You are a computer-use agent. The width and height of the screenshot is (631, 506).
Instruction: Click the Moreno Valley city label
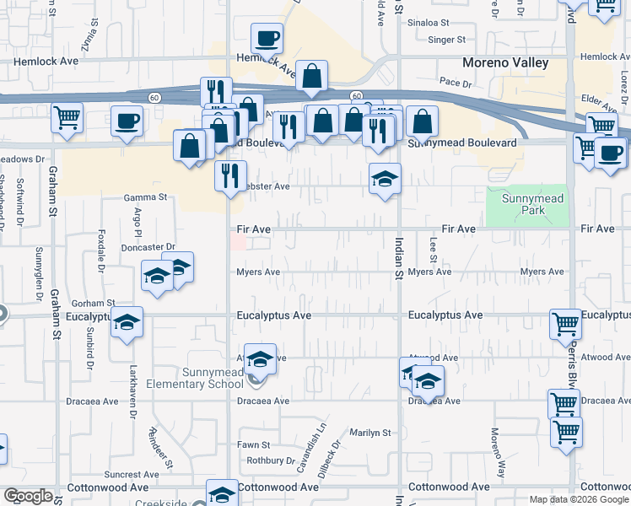(505, 63)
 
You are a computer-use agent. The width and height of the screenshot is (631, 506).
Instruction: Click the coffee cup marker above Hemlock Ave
(267, 38)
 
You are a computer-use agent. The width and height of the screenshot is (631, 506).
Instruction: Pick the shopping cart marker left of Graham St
(67, 118)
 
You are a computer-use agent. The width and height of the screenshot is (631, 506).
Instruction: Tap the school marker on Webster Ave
(385, 179)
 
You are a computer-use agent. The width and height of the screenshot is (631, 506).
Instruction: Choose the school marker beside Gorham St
(127, 323)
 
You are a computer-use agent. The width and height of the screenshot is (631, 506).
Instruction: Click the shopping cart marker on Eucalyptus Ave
(564, 325)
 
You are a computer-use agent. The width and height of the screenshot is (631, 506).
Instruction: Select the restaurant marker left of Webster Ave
(229, 176)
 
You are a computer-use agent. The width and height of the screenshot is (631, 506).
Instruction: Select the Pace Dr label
(455, 83)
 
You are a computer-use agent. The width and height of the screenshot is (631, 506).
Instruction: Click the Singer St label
(447, 40)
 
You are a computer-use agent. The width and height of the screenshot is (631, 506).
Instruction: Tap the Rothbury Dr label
(268, 460)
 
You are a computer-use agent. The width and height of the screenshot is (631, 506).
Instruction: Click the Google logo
(29, 496)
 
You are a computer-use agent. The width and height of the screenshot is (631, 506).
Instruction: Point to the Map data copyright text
(578, 499)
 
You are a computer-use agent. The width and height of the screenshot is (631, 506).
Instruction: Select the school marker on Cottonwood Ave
(223, 494)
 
